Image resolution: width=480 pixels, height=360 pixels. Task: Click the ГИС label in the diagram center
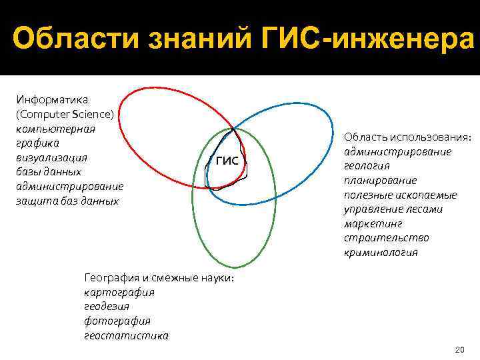227,161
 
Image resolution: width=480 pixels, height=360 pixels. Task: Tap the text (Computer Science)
65,114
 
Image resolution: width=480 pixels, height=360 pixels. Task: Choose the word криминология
381,253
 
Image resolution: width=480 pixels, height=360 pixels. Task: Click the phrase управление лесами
393,209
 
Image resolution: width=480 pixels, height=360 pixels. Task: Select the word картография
119,292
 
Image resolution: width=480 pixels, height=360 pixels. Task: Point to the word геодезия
107,307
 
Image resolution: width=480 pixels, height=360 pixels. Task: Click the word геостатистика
126,335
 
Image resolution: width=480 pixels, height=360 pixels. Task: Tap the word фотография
117,321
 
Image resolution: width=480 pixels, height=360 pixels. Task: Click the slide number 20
458,349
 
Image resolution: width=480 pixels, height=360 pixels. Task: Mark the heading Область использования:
408,137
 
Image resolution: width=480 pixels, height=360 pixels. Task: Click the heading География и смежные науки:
159,277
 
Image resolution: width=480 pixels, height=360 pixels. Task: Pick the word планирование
380,180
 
